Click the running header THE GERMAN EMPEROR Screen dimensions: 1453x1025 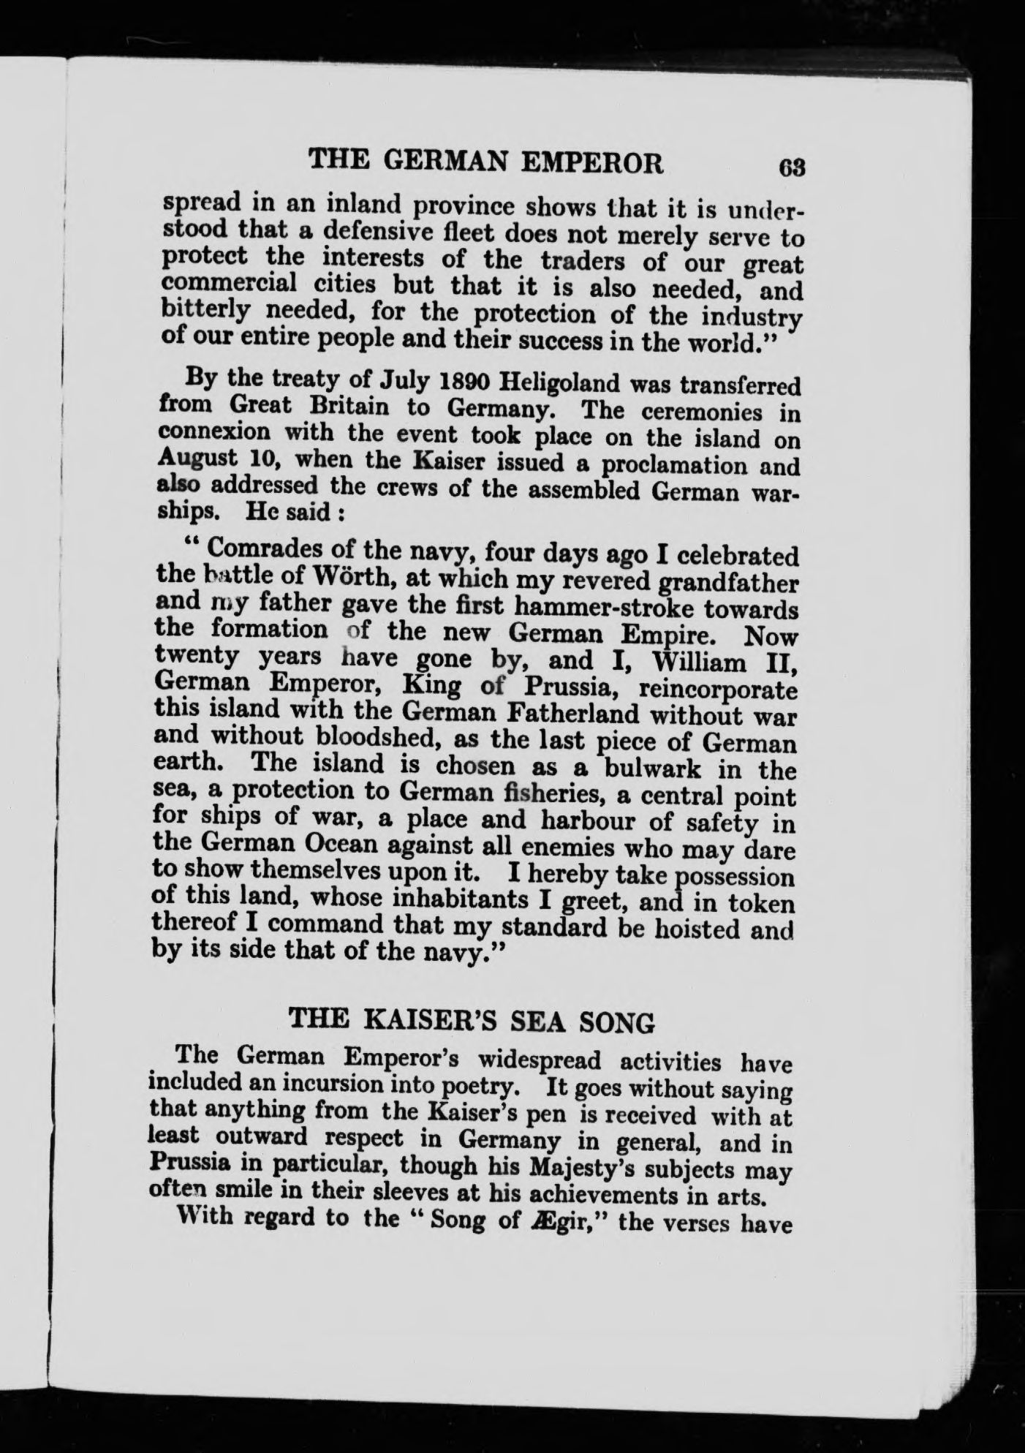coord(486,161)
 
